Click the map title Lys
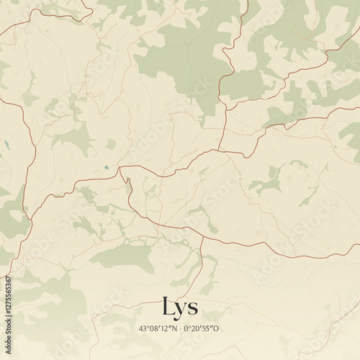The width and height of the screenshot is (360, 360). pos(180,307)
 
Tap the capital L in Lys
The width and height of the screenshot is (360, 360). pos(168,306)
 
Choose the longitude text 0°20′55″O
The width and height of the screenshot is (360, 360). pos(202,328)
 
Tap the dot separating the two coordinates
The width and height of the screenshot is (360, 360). pos(181,328)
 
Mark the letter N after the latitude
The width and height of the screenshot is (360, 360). pos(175,328)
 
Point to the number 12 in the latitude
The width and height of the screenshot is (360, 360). pos(166,328)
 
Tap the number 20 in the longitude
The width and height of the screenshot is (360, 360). pos(195,328)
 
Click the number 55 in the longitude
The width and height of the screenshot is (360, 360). pos(206,328)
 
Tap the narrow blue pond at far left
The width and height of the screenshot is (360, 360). pos(6,144)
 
